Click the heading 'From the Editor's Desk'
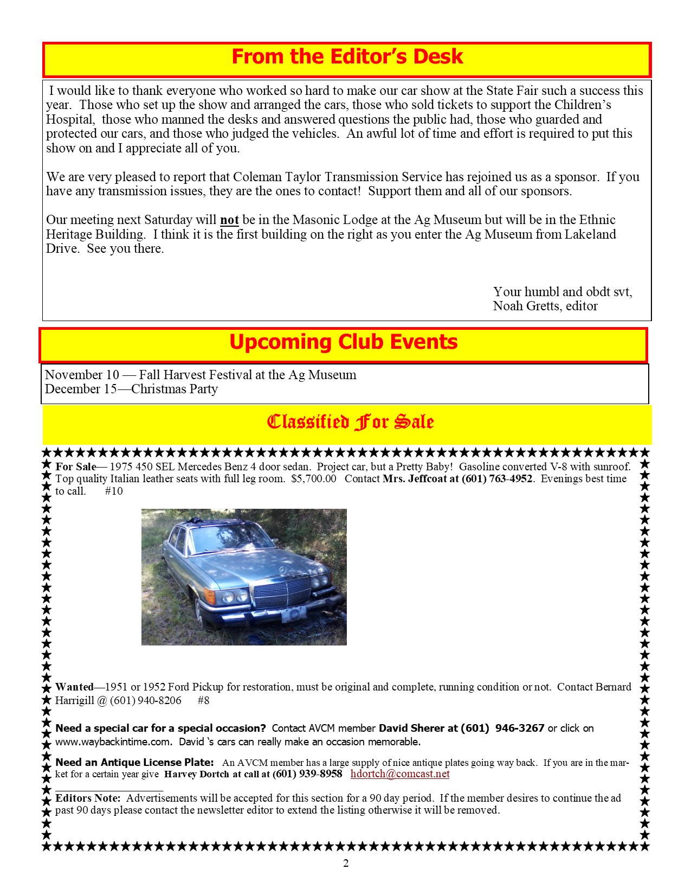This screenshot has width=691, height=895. [x=347, y=57]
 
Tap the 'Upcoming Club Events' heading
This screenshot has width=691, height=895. [x=343, y=342]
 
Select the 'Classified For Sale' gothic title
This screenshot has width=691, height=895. [x=350, y=422]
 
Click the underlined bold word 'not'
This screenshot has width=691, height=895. [x=229, y=220]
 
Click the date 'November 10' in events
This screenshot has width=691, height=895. [x=82, y=375]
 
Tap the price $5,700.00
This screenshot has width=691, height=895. [x=313, y=479]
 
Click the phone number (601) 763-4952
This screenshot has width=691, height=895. [x=496, y=479]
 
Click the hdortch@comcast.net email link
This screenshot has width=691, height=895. [x=400, y=774]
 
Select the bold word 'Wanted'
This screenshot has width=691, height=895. [x=74, y=687]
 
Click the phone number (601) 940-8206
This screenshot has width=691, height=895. [x=145, y=700]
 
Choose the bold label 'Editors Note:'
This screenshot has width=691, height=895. [x=88, y=798]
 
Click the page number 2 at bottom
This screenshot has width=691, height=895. [x=346, y=864]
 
